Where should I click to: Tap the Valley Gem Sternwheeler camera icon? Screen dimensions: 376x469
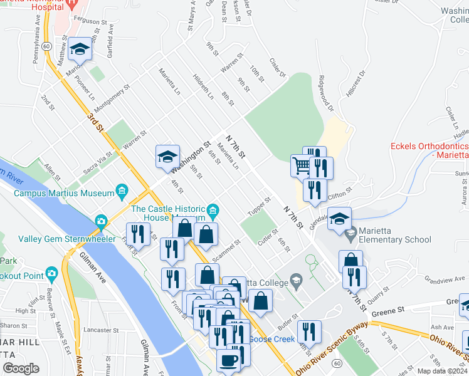click(x=100, y=221)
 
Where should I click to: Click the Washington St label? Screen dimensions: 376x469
click(x=190, y=160)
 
